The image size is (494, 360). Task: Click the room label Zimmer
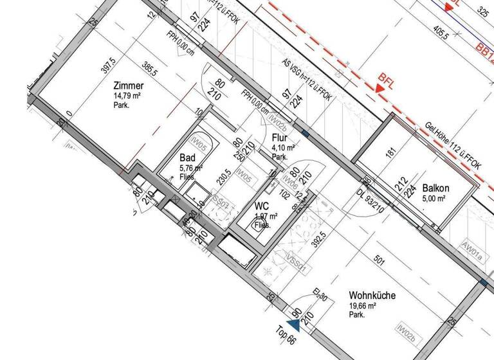click(x=129, y=86)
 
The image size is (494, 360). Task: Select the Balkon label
click(x=436, y=188)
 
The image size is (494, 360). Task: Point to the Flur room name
click(x=279, y=138)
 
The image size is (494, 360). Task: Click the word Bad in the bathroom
click(x=187, y=158)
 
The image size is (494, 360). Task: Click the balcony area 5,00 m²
click(x=434, y=199)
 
